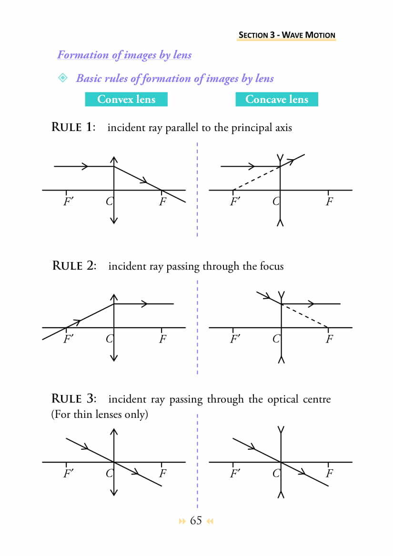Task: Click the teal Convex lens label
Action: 126,99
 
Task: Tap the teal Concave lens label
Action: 276,99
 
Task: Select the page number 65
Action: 196,520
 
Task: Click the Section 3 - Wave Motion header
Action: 287,35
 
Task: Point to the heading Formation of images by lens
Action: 124,55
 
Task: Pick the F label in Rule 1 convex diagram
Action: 162,202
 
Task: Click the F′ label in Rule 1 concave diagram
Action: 234,202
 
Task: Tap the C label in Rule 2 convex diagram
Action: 109,339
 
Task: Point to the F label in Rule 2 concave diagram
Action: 329,339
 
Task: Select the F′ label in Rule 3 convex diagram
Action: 68,474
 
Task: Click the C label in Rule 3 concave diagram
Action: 276,474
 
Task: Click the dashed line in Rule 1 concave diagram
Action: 256,178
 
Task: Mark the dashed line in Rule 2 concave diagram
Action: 305,316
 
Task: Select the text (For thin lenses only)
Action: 100,414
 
